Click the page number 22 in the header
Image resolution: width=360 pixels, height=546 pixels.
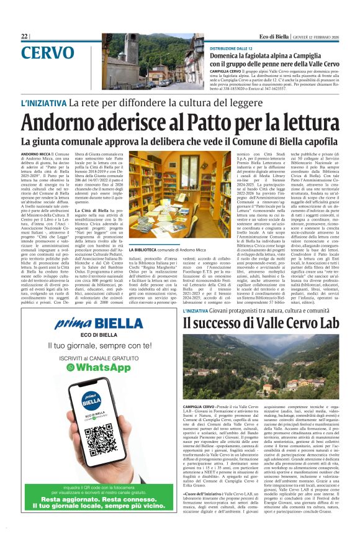click(24, 37)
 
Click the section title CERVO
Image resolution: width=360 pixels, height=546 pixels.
click(47, 53)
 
